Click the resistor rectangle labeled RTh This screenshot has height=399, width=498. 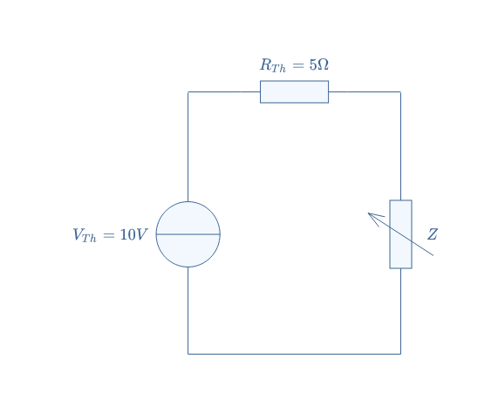pyautogui.click(x=294, y=92)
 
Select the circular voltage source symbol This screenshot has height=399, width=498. pyautogui.click(x=188, y=234)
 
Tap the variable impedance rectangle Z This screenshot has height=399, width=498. pyautogui.click(x=401, y=234)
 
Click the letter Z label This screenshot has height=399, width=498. pyautogui.click(x=433, y=234)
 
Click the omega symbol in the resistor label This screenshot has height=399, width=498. pyautogui.click(x=323, y=65)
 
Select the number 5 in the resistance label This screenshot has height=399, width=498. pyautogui.click(x=313, y=65)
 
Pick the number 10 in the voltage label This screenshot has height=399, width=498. pyautogui.click(x=128, y=234)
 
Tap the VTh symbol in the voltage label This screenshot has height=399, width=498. pyautogui.click(x=85, y=235)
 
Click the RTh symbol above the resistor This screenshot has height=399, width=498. pyautogui.click(x=273, y=65)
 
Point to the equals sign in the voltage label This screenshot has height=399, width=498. pyautogui.click(x=109, y=235)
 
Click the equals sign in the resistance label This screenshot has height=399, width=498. pyautogui.click(x=298, y=65)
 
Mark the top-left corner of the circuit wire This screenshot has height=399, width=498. pyautogui.click(x=188, y=92)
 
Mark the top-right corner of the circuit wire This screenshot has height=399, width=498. pyautogui.click(x=401, y=92)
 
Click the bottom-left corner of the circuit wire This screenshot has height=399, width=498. pyautogui.click(x=188, y=354)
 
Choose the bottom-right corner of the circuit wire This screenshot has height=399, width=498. pyautogui.click(x=401, y=354)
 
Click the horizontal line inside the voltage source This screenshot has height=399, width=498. pyautogui.click(x=188, y=234)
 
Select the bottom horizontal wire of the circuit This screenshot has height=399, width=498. pyautogui.click(x=295, y=354)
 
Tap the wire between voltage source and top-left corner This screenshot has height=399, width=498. pyautogui.click(x=188, y=146)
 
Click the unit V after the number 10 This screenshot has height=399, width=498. pyautogui.click(x=142, y=234)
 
